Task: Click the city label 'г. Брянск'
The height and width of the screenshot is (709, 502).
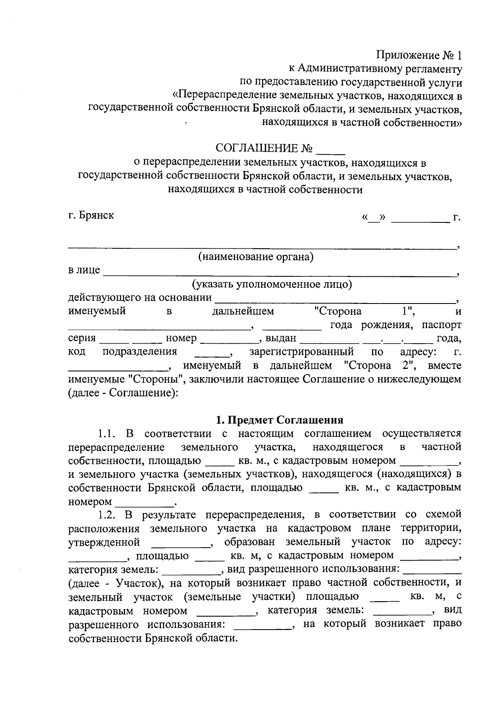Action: [x=91, y=216]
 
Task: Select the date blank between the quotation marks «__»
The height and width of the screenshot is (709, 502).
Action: [x=375, y=219]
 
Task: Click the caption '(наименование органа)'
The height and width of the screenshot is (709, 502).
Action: [x=256, y=256]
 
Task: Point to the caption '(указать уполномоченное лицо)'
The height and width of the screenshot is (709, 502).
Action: [x=272, y=285]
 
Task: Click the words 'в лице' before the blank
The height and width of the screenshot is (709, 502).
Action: [x=84, y=270]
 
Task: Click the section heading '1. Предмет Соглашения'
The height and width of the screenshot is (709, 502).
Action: [x=279, y=420]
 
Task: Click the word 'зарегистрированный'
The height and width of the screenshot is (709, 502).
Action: [x=302, y=352]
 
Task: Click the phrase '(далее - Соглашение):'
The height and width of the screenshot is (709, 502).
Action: [x=123, y=393]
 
